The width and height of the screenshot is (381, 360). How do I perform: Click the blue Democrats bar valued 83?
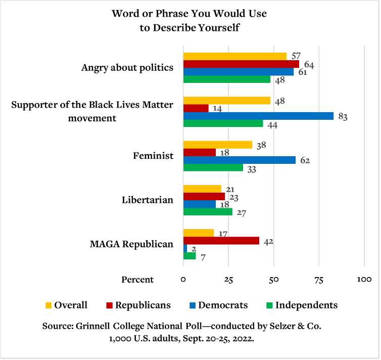(258, 116)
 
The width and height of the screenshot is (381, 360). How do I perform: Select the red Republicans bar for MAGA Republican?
(221, 241)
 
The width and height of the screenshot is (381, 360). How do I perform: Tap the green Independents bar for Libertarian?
(207, 212)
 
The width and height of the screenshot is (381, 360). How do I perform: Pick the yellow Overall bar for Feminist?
(217, 145)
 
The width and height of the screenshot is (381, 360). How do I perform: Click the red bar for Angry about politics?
(241, 64)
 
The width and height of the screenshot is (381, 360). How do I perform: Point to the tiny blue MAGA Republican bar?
(185, 248)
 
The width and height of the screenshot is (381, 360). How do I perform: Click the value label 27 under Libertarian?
(241, 213)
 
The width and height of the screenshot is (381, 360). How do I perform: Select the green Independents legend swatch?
(269, 305)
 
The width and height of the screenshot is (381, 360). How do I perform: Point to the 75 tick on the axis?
(319, 280)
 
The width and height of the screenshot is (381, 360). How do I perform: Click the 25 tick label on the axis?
(228, 280)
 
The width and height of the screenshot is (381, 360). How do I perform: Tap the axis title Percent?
(137, 280)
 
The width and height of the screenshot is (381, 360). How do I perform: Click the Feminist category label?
(153, 156)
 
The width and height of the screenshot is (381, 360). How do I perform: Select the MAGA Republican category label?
(131, 244)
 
